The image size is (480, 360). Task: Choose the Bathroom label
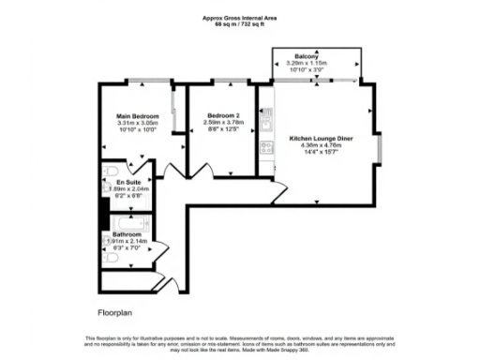tap(127, 234)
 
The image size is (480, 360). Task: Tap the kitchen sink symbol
tap(266, 119)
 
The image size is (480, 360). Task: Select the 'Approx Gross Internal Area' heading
tap(240, 17)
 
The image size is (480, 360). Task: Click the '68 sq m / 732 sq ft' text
tap(240, 24)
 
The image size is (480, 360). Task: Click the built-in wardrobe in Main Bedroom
tap(175, 111)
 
